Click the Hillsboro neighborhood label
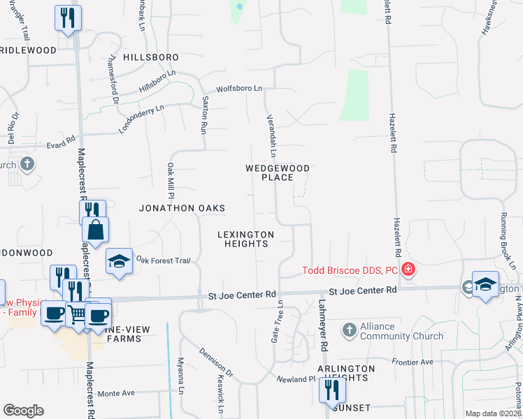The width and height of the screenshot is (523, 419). (x=151, y=57)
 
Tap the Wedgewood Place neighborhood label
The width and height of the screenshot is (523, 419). (x=277, y=172)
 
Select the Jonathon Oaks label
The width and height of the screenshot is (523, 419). (x=182, y=208)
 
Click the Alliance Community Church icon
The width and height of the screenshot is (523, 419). (x=349, y=329)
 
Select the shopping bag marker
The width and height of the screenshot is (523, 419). (x=95, y=229)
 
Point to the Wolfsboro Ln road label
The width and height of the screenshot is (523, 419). (x=238, y=89)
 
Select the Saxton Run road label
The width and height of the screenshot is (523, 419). (x=206, y=115)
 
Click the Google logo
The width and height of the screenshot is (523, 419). (x=23, y=411)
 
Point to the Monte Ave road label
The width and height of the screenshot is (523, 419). (x=116, y=393)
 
